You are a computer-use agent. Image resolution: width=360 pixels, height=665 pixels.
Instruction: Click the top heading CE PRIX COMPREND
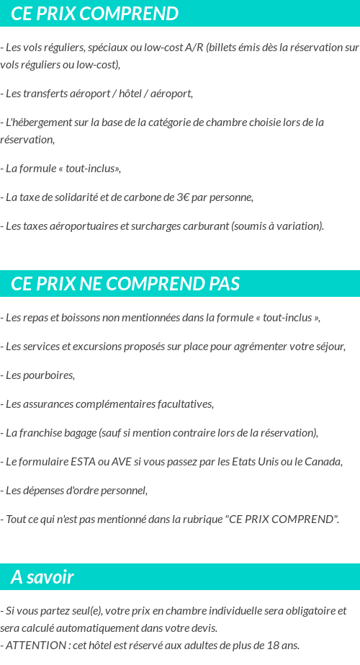tap(95, 14)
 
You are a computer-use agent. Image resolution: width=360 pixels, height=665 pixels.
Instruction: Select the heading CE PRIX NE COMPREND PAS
tap(125, 284)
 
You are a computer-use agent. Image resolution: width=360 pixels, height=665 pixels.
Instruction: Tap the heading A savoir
tap(42, 577)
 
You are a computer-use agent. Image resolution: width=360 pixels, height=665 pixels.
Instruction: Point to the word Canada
tap(322, 461)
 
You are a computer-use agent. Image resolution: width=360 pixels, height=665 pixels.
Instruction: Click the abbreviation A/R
tap(194, 48)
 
